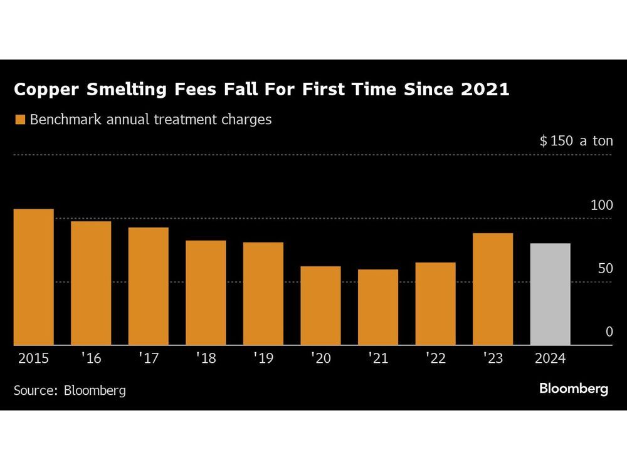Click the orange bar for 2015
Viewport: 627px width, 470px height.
pyautogui.click(x=33, y=277)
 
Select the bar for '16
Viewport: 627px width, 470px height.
pyautogui.click(x=91, y=283)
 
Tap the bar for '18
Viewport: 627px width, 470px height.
pyautogui.click(x=206, y=293)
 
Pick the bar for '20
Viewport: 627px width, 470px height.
pyautogui.click(x=320, y=306)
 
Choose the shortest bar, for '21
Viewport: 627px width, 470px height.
pyautogui.click(x=378, y=307)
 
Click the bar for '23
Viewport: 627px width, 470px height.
pyautogui.click(x=493, y=289)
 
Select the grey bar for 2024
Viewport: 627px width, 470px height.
pyautogui.click(x=550, y=294)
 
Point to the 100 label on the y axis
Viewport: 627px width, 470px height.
pyautogui.click(x=601, y=206)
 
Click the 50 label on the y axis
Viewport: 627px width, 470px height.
pyautogui.click(x=604, y=269)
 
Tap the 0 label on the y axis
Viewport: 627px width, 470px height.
pyautogui.click(x=609, y=332)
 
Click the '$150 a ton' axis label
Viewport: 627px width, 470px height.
pyautogui.click(x=576, y=141)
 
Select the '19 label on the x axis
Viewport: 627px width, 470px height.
pyautogui.click(x=263, y=359)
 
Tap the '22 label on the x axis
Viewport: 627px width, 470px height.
pyautogui.click(x=435, y=359)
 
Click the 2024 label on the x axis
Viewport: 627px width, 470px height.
pyautogui.click(x=550, y=359)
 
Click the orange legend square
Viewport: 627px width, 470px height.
pyautogui.click(x=19, y=120)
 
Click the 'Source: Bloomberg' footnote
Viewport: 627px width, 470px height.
pyautogui.click(x=70, y=390)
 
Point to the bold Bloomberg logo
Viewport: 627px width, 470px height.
pyautogui.click(x=573, y=389)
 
